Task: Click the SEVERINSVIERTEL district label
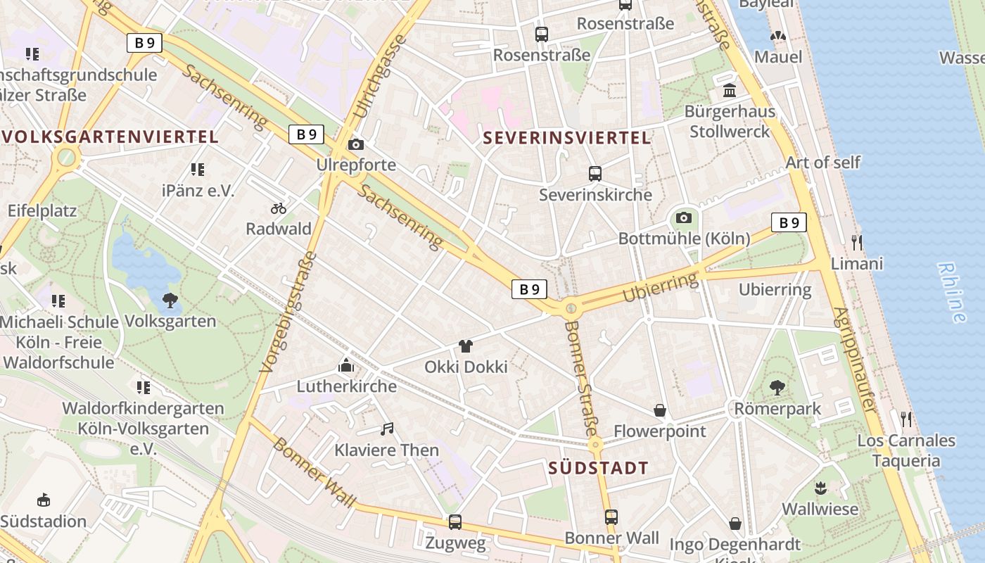(567, 138)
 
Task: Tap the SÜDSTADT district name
(598, 468)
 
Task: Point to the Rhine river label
(951, 293)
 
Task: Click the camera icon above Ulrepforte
(356, 145)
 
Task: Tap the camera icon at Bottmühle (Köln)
(683, 218)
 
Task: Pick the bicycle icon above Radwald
(279, 208)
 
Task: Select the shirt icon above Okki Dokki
(465, 346)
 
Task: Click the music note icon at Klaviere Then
(386, 429)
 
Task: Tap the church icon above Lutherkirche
(346, 365)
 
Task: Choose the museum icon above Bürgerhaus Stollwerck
(730, 91)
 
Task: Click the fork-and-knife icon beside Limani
(856, 243)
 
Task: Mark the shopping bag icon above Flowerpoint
(660, 410)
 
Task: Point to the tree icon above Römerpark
(777, 388)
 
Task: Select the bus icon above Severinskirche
(595, 173)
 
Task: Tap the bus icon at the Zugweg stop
(455, 522)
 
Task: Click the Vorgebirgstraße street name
(288, 312)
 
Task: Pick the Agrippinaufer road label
(854, 360)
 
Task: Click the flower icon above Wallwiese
(820, 488)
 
